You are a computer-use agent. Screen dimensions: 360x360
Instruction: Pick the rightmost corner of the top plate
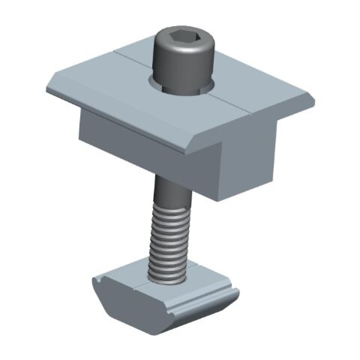point(313,98)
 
